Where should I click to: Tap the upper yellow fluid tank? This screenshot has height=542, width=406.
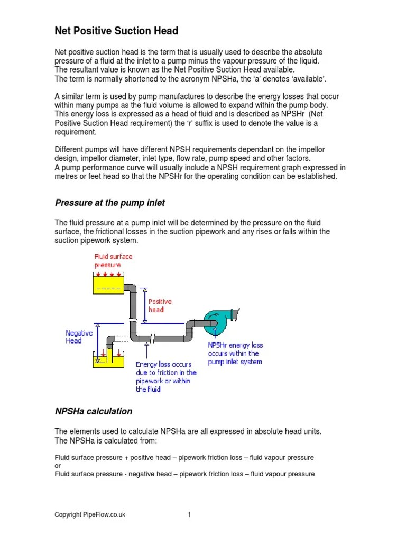tap(108, 285)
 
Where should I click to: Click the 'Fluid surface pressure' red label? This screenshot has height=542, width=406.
tap(113, 260)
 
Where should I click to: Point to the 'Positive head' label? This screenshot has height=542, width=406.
tap(160, 305)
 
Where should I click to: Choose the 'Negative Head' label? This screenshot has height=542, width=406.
tap(79, 337)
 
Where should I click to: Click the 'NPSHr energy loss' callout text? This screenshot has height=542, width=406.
tap(235, 353)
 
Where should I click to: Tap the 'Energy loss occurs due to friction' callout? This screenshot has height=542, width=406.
tap(166, 376)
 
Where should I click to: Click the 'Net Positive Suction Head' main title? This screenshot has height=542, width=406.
tap(116, 31)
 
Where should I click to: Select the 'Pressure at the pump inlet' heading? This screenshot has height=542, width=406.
tap(110, 202)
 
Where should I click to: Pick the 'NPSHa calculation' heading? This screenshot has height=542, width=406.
tap(94, 411)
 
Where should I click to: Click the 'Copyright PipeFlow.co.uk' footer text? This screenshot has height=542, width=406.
tap(90, 514)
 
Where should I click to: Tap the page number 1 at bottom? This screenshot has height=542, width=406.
tap(189, 514)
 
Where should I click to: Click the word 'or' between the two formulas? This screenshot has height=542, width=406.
tap(58, 466)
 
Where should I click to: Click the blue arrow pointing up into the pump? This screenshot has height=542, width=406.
tap(216, 330)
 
